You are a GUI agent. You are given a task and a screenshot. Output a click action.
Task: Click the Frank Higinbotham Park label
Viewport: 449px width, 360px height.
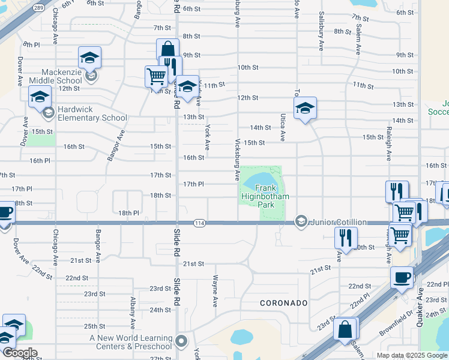click(257, 196)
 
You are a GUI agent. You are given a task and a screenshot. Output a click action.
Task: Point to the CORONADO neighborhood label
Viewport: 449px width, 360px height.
click(283, 303)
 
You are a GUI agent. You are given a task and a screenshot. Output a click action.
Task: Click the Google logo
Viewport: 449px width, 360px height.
click(19, 353)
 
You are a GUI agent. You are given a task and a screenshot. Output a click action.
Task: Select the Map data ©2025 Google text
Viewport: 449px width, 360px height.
click(412, 355)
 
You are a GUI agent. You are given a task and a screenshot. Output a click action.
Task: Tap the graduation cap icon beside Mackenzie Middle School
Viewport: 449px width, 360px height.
click(89, 58)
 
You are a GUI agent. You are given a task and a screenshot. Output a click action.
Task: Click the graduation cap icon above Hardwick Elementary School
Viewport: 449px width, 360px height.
click(40, 96)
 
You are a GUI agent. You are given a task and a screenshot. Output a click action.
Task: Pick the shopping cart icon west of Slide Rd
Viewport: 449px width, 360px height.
click(156, 76)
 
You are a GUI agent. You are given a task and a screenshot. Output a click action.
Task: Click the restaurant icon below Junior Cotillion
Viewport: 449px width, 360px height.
click(346, 237)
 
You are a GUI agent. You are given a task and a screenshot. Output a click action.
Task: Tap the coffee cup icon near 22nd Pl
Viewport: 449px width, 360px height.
click(402, 277)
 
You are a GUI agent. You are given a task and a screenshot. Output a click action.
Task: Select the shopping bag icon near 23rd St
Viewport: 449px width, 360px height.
click(345, 329)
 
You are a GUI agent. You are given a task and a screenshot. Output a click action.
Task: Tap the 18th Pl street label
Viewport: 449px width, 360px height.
click(128, 213)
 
